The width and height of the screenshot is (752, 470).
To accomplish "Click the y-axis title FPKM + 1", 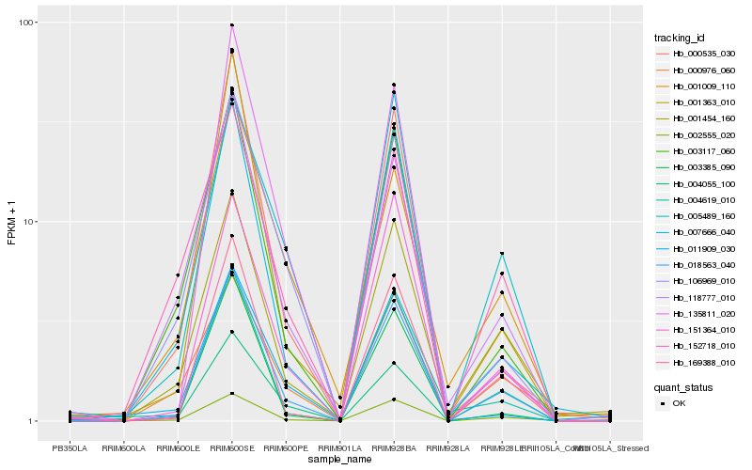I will (x=12, y=223).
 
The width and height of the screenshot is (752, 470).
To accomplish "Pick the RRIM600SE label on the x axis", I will (x=232, y=448).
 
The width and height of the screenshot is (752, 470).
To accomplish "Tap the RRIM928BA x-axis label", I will (x=395, y=448).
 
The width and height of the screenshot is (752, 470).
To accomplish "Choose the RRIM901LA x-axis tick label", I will (x=340, y=448).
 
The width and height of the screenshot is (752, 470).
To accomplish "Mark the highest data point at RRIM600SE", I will (x=232, y=25).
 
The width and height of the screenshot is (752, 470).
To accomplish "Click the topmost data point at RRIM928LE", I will (x=503, y=254).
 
